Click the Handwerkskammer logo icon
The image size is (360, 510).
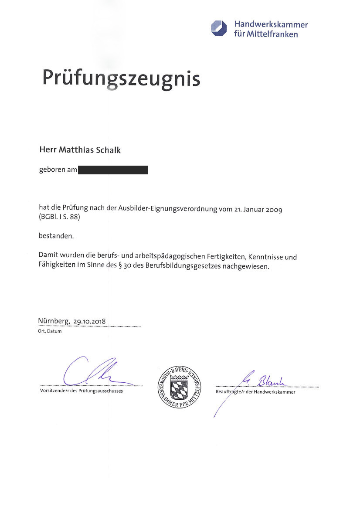[219, 28]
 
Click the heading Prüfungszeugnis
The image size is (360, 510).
[121, 78]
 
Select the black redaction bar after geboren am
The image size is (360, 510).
[113, 170]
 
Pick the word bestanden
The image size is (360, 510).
[56, 236]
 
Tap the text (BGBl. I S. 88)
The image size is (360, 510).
[60, 217]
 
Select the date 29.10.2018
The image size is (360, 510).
[90, 322]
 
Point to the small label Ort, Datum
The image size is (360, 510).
[50, 331]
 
